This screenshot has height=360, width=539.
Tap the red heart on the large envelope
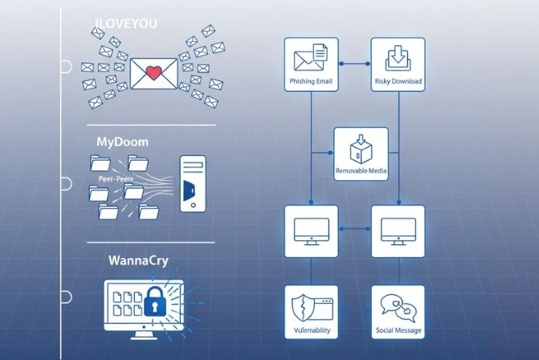(153, 75)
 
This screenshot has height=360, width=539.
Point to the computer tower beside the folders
(192, 184)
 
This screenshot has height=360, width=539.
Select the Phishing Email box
(312, 65)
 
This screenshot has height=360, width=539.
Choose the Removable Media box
(361, 153)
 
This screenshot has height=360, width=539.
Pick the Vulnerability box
(312, 312)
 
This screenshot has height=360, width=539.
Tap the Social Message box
(398, 312)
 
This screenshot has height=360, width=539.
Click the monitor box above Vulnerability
(312, 231)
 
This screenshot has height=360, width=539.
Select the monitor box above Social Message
(398, 231)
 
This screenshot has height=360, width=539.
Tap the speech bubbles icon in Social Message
(398, 306)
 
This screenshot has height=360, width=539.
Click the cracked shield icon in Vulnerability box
(301, 308)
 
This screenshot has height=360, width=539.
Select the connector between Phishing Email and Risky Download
(354, 62)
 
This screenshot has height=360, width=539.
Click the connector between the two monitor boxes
(354, 229)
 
